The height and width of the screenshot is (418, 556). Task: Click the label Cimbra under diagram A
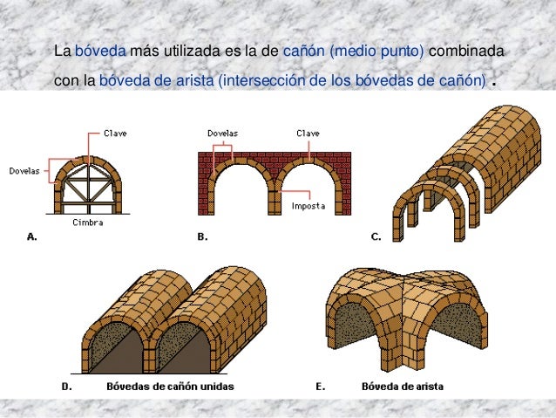point(89,223)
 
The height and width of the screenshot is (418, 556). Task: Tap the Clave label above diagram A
point(114,134)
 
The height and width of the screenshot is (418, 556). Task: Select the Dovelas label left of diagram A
point(24,171)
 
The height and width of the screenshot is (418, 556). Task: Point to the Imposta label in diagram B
point(308,207)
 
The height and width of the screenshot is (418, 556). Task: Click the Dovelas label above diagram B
point(222,134)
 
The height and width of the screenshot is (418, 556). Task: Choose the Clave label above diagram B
point(308,134)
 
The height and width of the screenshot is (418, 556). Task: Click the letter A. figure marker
point(32,236)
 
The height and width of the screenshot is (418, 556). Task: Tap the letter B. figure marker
point(201,236)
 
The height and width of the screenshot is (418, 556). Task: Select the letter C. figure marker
point(376,236)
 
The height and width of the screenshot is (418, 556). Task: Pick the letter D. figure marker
point(66,385)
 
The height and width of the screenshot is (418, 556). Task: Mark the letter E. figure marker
point(320,385)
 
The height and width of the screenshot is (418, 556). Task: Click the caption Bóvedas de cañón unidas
point(170,385)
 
